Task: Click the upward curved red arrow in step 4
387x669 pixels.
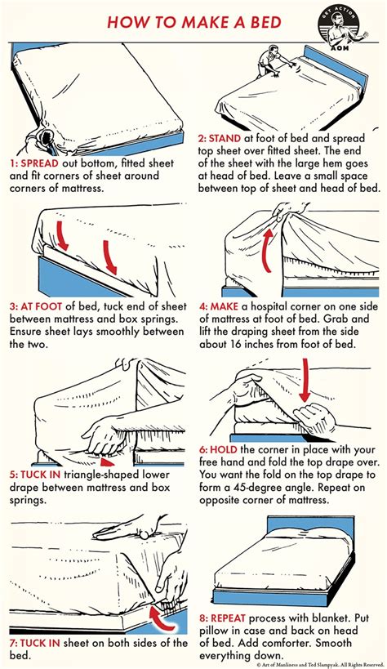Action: (x=266, y=250)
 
